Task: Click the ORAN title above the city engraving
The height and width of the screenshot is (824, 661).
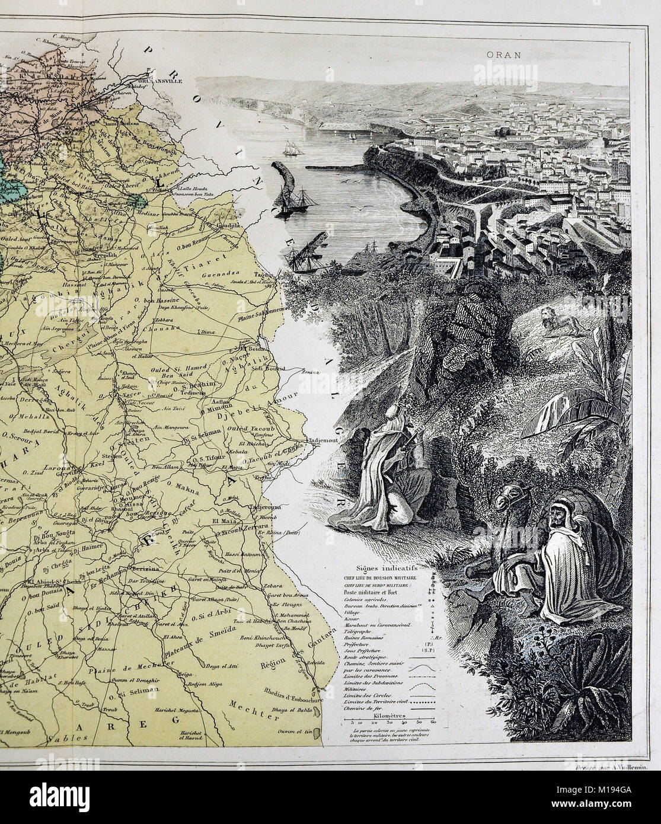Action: tap(503, 55)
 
